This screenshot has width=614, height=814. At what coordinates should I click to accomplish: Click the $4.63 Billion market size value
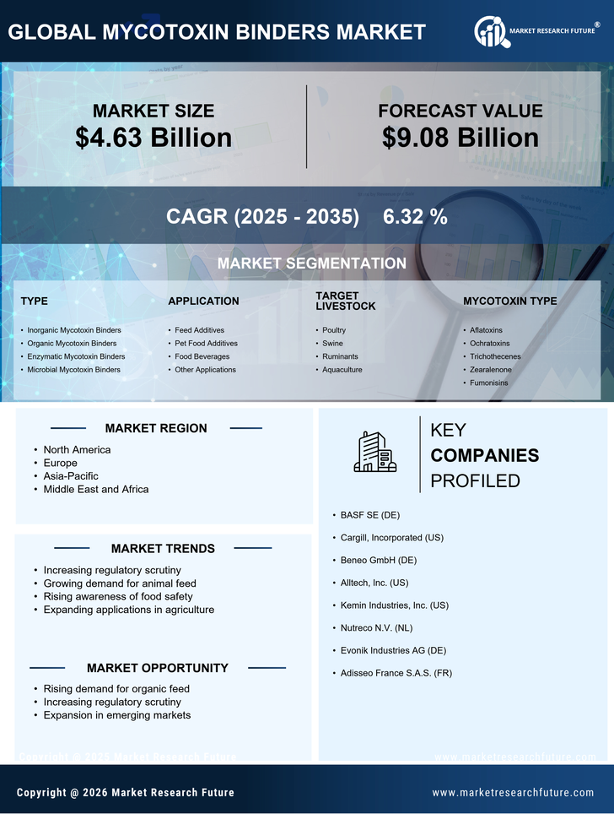[x=153, y=138]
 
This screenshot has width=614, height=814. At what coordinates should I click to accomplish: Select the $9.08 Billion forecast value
[x=460, y=138]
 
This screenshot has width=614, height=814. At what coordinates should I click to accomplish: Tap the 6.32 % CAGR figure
[x=415, y=216]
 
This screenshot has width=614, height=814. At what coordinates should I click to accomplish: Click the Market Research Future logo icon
[x=491, y=32]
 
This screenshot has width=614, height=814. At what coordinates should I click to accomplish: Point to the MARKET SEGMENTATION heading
[x=311, y=263]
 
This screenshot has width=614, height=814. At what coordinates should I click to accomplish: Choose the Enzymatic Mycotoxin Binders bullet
[x=76, y=356]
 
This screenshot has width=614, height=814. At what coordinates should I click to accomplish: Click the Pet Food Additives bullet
[x=206, y=344]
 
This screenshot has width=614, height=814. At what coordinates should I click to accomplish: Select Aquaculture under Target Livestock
[x=342, y=370]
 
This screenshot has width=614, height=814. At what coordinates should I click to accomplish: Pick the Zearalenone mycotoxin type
[x=490, y=370]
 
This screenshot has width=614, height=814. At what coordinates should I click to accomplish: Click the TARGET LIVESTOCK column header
[x=345, y=301]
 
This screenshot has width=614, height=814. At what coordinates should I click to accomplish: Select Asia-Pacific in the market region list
[x=71, y=476]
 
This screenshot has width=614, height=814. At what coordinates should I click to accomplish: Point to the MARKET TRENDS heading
[x=163, y=549]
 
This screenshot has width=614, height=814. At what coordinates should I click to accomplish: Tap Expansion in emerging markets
[x=117, y=715]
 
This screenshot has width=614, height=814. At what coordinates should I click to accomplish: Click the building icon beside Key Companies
[x=374, y=452]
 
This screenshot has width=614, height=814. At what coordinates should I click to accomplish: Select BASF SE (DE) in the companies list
[x=370, y=514]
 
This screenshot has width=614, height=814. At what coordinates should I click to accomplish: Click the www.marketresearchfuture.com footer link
[x=513, y=793]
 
